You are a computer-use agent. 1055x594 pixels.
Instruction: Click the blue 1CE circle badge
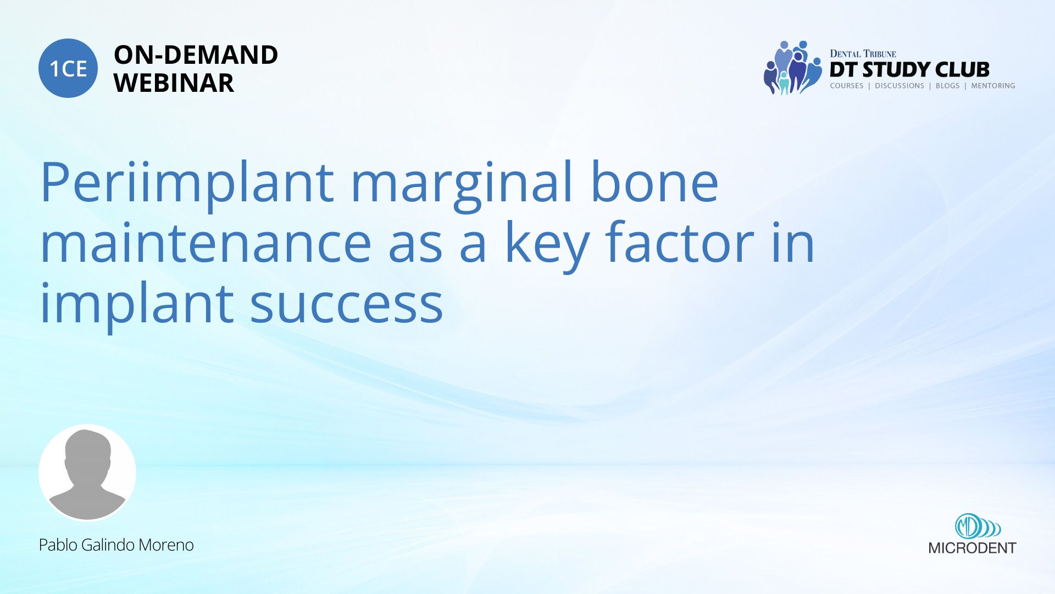pyautogui.click(x=68, y=68)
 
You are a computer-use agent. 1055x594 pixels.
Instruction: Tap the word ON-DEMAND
pyautogui.click(x=196, y=55)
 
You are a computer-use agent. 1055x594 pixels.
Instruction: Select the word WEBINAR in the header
pyautogui.click(x=174, y=83)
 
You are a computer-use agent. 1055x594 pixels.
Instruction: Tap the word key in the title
pyautogui.click(x=547, y=245)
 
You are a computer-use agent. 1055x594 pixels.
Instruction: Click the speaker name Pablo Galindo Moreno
pyautogui.click(x=116, y=545)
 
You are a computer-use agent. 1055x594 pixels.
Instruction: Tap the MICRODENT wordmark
pyautogui.click(x=972, y=548)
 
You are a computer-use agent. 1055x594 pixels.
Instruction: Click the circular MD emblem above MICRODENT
pyautogui.click(x=967, y=526)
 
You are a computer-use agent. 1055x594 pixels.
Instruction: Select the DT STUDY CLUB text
pyautogui.click(x=909, y=70)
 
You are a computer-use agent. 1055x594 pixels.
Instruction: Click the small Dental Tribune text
pyautogui.click(x=863, y=53)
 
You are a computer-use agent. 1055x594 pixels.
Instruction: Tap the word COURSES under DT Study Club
pyautogui.click(x=847, y=86)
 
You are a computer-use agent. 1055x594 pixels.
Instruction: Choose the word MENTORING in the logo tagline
pyautogui.click(x=993, y=86)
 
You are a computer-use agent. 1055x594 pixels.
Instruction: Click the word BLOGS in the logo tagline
pyautogui.click(x=947, y=86)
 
